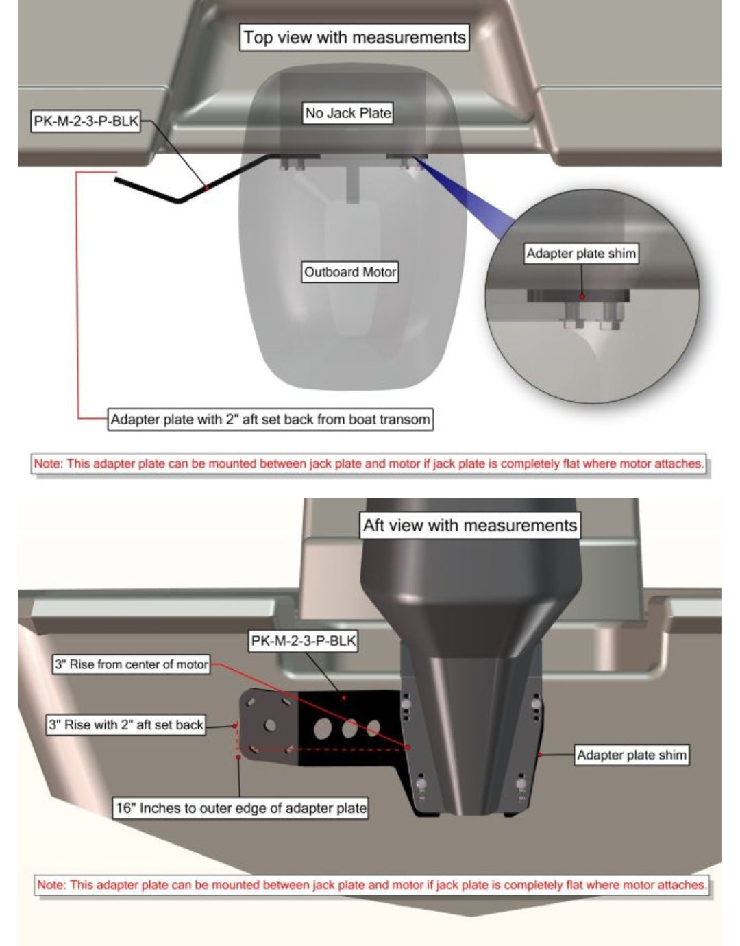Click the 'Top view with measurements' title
354,38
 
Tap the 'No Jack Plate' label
348,113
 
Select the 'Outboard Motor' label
349,272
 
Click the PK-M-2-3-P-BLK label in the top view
86,121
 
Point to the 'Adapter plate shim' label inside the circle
581,254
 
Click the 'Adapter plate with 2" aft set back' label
270,420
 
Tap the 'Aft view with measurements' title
470,525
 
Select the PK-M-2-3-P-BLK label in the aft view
304,640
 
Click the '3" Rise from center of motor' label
131,664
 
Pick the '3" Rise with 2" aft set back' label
125,725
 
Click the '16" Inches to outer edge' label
241,808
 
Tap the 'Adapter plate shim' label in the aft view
632,755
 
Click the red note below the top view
369,463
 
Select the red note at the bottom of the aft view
372,885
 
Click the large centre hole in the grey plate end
270,725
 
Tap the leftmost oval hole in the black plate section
322,729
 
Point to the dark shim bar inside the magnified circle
578,296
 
